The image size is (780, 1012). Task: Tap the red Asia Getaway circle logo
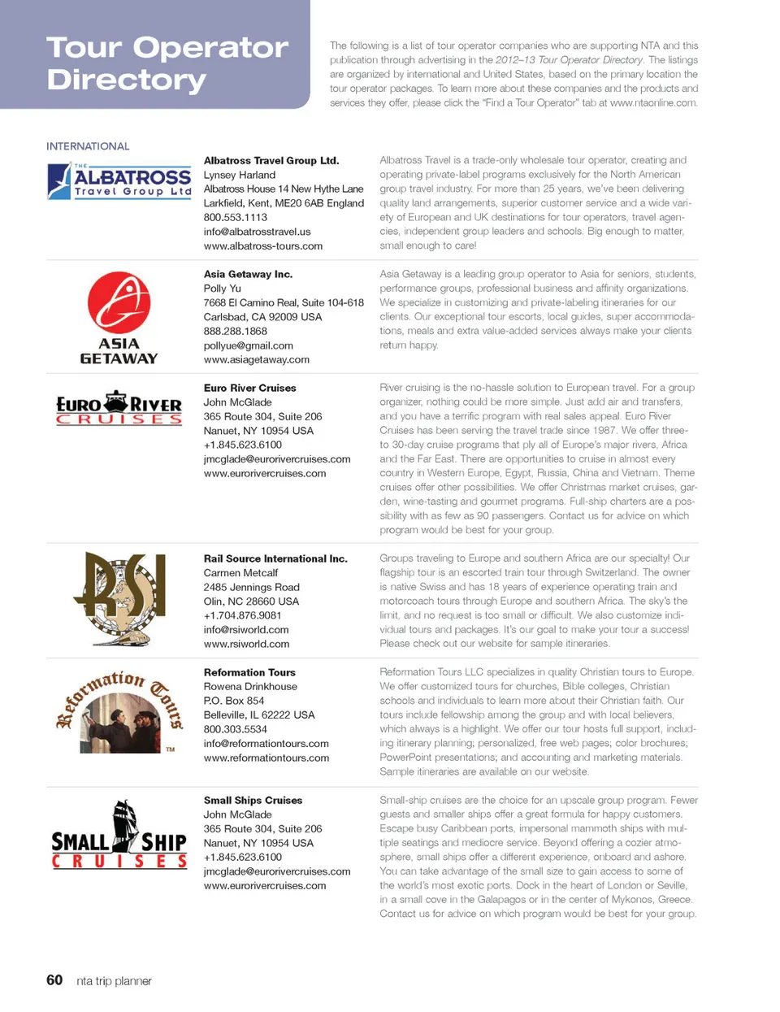coord(119,302)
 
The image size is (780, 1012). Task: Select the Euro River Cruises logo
coord(119,408)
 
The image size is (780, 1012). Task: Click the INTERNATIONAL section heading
coord(88,146)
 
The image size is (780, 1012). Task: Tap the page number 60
coord(54,980)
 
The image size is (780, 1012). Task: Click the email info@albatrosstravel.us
coord(257,232)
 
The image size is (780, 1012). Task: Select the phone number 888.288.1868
coord(235,331)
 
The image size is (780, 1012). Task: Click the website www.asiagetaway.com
coord(256,359)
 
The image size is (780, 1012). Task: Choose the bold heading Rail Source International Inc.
coord(275,558)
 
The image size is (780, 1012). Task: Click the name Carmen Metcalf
coord(240,573)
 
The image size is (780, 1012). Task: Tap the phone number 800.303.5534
coord(235,729)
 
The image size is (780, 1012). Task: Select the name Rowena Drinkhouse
coord(250,687)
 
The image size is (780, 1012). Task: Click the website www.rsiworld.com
coord(246,644)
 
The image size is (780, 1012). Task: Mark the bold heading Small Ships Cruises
coord(253,801)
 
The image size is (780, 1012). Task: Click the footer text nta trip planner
coord(114,981)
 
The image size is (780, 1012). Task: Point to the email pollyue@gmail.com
coord(248,345)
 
